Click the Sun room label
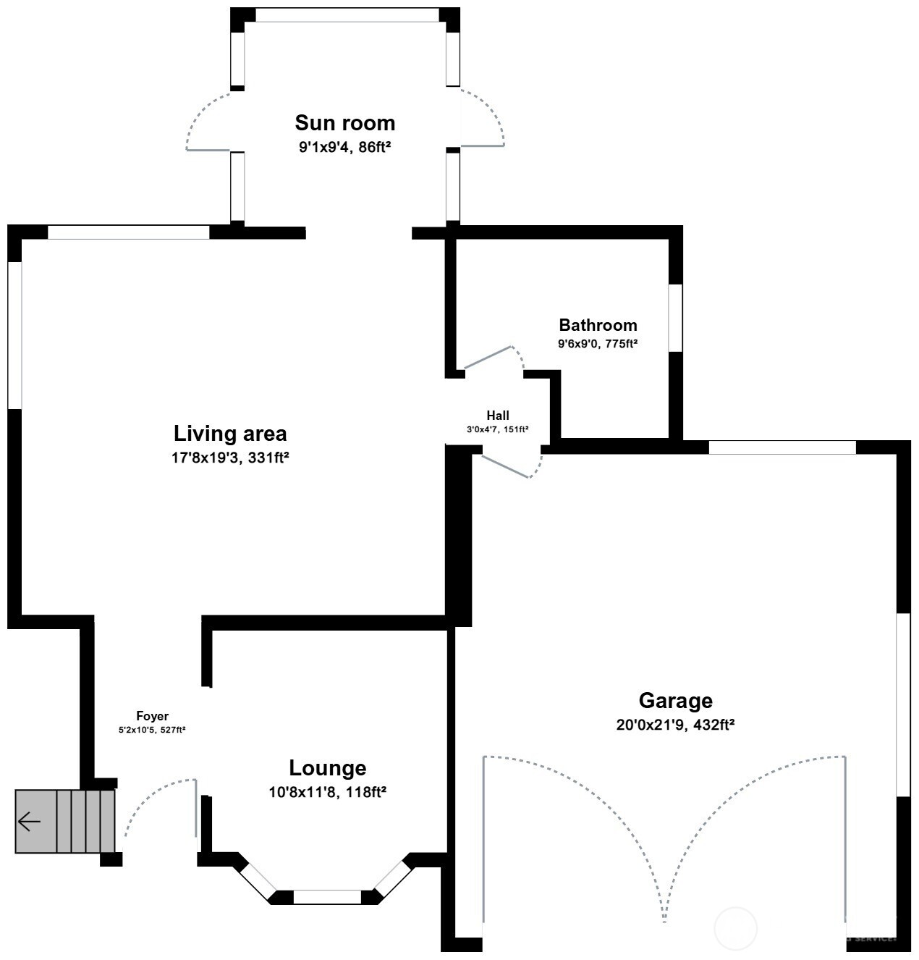point(344,122)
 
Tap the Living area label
point(230,434)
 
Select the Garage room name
point(675,701)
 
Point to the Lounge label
point(327,768)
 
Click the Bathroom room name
point(598,325)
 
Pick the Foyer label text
point(152,716)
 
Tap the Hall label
point(497,416)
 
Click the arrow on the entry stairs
point(30,822)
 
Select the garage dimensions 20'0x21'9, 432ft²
point(675,725)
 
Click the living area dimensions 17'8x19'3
point(230,458)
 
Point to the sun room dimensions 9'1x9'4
point(344,147)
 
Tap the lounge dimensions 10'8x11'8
point(327,793)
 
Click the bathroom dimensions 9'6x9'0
point(598,345)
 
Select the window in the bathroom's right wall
point(675,318)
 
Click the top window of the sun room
point(347,15)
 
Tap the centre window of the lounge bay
point(327,897)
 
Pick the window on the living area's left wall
point(15,335)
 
